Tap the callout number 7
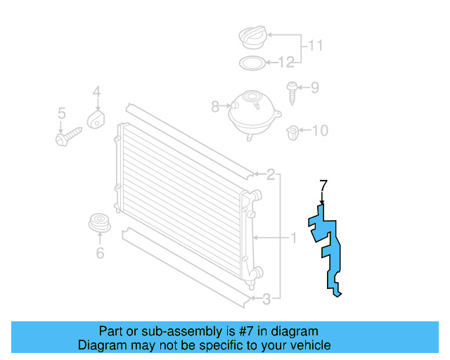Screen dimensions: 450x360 tap(323, 186)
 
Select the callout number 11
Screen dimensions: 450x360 tap(316, 46)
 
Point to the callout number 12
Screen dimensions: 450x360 tap(285, 63)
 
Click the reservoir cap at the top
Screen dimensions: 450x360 tap(251, 37)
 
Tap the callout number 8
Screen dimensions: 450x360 tap(215, 107)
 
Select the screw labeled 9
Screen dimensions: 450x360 tap(292, 89)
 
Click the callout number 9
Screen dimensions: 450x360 tap(315, 88)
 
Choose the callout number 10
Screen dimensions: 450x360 tap(319, 130)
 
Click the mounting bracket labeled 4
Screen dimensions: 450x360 tap(96, 119)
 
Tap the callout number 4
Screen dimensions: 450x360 tap(96, 91)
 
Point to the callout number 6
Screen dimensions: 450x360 tap(99, 252)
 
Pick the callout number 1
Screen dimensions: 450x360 tap(293, 238)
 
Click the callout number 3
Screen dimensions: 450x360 tap(266, 301)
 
